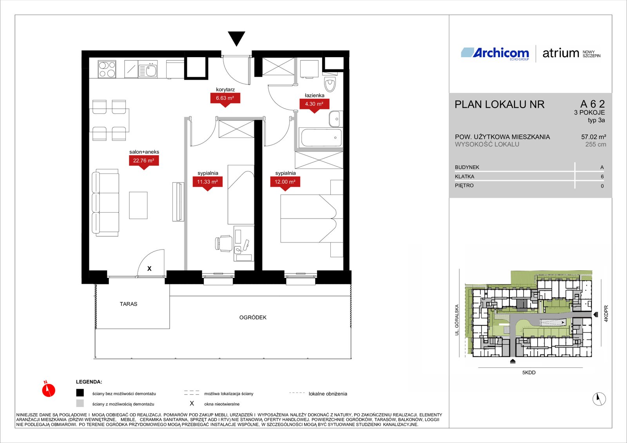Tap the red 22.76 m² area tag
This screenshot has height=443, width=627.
click(143, 162)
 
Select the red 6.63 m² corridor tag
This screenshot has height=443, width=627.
click(225, 99)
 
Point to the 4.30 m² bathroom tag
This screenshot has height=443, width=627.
click(314, 105)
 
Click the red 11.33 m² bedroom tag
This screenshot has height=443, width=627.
click(207, 183)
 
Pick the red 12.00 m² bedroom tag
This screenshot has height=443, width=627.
click(285, 183)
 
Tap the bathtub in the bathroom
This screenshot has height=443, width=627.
click(321, 137)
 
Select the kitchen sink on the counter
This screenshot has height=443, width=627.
click(148, 71)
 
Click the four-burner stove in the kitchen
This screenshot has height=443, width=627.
click(107, 69)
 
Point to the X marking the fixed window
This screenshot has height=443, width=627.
click(149, 269)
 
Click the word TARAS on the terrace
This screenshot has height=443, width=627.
click(129, 304)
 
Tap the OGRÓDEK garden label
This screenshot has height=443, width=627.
click(253, 317)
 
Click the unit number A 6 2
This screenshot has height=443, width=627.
click(593, 104)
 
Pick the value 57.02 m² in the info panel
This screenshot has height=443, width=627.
click(593, 137)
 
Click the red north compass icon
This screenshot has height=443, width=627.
click(49, 389)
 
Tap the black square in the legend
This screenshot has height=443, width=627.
click(80, 392)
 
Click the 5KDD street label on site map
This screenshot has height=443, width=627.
click(529, 372)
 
